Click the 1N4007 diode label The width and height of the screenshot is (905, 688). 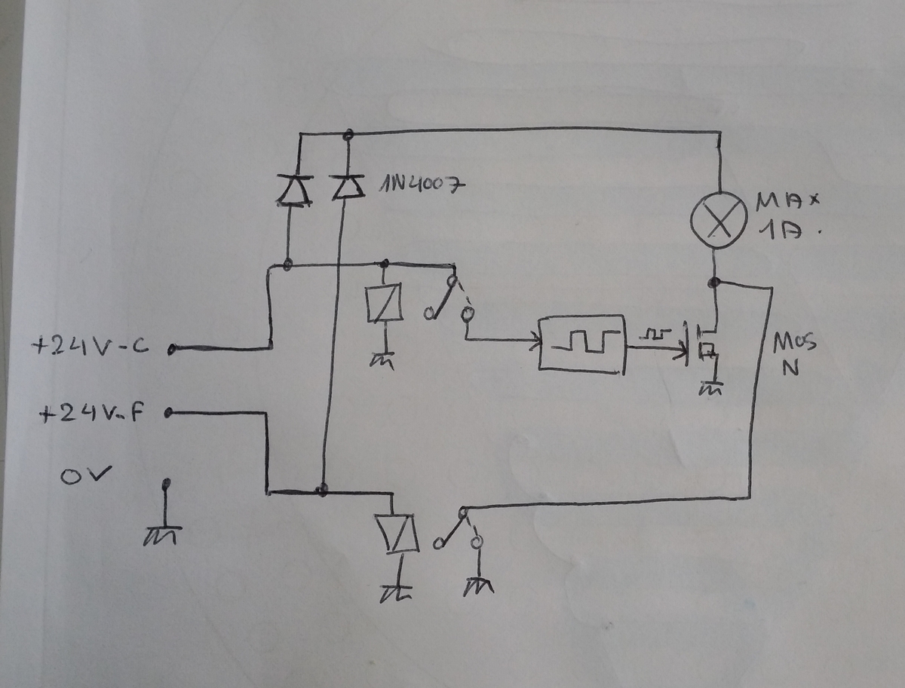click(419, 185)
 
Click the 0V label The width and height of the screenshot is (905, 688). click(86, 475)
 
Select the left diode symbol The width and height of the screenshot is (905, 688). click(294, 191)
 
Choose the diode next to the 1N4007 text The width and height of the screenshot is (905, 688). click(346, 187)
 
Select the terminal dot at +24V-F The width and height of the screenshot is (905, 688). click(167, 412)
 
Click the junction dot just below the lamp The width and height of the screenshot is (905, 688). click(713, 283)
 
